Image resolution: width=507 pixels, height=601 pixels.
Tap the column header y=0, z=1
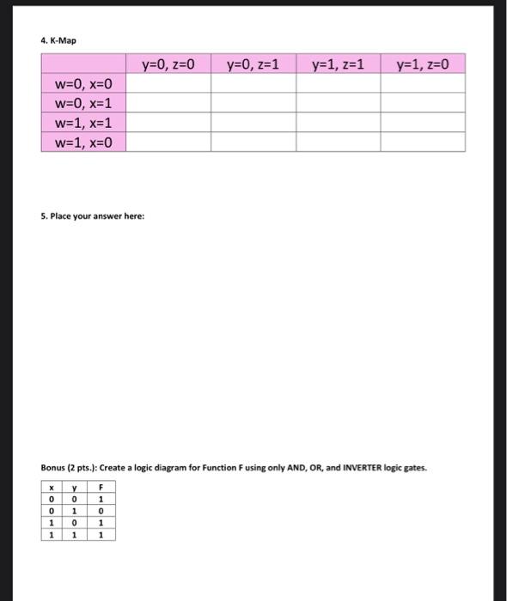click(253, 64)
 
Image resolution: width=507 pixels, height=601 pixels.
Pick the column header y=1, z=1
click(338, 64)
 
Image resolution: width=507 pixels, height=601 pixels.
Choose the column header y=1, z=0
click(423, 64)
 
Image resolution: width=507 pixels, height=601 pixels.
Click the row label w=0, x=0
click(83, 83)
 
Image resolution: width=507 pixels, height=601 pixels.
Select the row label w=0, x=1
click(83, 103)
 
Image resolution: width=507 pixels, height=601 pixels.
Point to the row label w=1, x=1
click(83, 123)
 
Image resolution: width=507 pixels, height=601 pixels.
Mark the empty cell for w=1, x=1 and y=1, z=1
click(338, 123)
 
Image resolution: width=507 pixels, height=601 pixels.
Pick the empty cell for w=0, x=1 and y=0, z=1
click(253, 103)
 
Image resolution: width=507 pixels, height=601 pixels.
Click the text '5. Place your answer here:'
click(92, 216)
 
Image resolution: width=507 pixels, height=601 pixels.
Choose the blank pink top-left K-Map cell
click(83, 64)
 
